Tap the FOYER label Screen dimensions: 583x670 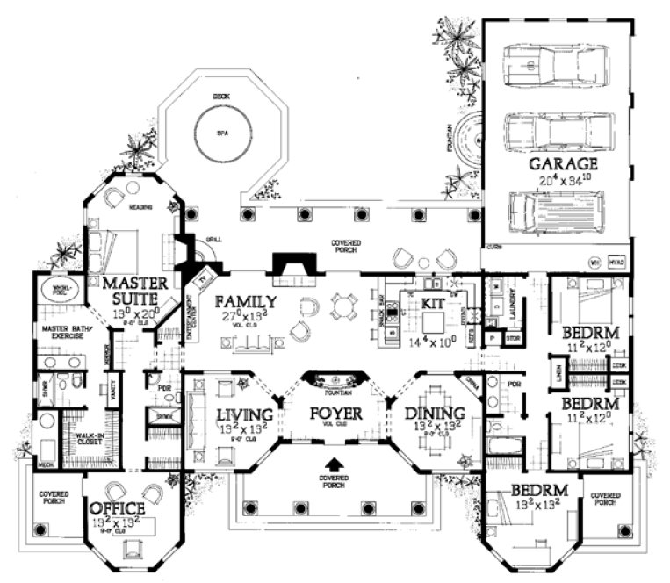coord(334,413)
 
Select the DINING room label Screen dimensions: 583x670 coord(434,414)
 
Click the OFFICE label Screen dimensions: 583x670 coord(116,509)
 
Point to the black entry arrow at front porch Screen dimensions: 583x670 coord(334,462)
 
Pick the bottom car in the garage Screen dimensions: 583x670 coord(555,212)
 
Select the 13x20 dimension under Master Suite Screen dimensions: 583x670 coord(128,311)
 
